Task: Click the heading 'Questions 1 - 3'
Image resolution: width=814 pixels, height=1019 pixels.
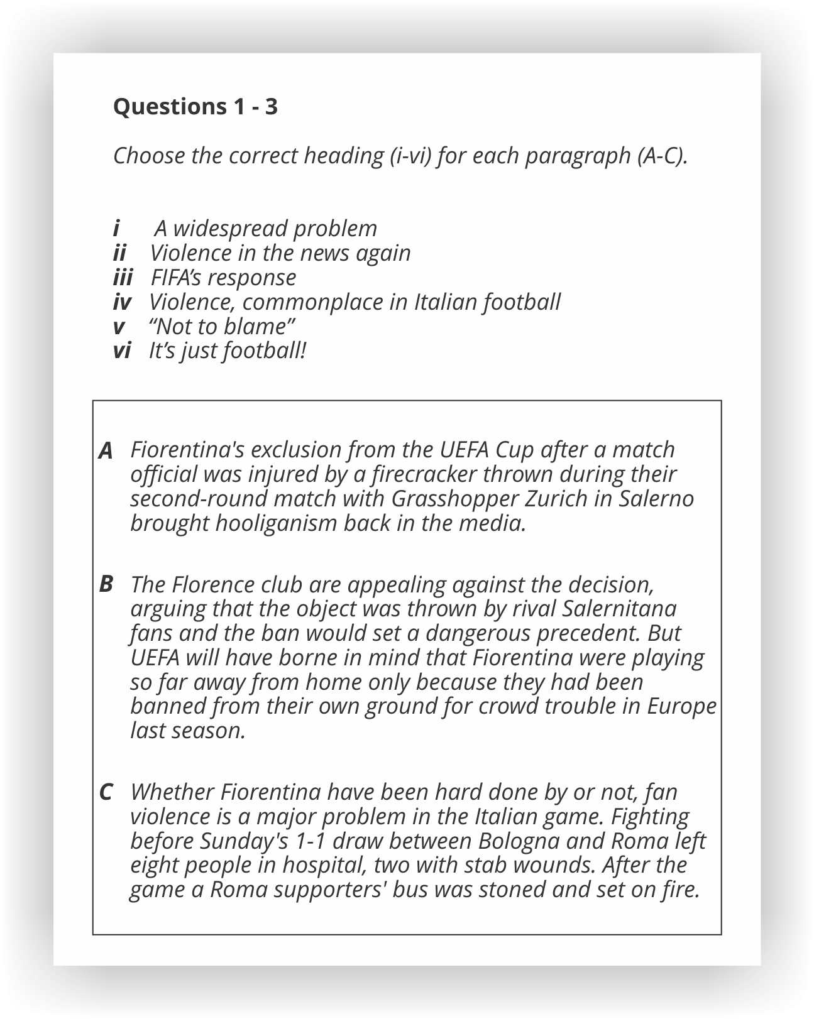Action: click(195, 107)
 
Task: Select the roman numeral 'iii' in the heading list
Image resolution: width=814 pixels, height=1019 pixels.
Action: click(123, 277)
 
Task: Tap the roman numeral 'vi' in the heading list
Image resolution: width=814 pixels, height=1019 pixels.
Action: click(121, 351)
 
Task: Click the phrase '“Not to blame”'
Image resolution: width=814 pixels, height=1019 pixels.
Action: click(222, 326)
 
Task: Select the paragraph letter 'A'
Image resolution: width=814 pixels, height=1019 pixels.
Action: click(106, 450)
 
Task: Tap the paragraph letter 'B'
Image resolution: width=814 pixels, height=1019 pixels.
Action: click(106, 584)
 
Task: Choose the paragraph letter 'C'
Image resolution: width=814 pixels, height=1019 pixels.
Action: click(106, 792)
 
